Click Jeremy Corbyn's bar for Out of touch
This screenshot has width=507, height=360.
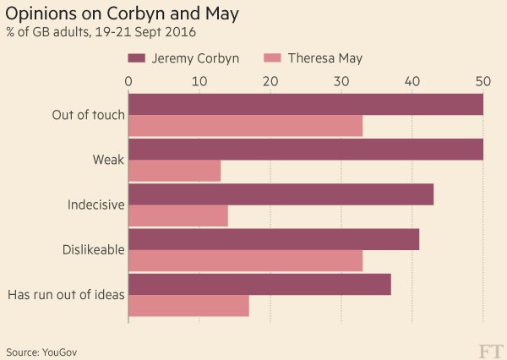tap(305, 104)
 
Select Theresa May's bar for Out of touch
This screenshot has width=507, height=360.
tap(245, 126)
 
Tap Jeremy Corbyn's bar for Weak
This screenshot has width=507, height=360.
tap(305, 150)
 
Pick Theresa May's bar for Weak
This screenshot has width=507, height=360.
tap(174, 172)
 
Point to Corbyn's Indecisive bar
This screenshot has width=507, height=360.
tap(281, 194)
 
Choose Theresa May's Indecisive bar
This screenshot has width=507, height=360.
tap(177, 217)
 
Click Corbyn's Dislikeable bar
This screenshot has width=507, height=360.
tap(273, 240)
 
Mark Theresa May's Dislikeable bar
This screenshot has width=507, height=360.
tap(245, 262)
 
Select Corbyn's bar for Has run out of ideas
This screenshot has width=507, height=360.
tap(259, 285)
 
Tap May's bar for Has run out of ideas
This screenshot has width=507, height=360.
tap(188, 305)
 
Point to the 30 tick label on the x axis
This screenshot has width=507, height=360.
tap(341, 81)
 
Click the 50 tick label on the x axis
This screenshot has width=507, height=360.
tap(482, 81)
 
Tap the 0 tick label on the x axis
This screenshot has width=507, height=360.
tap(128, 81)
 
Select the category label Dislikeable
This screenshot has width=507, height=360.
tap(94, 250)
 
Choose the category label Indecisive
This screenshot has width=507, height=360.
tap(95, 205)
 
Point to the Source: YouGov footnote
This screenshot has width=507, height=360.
tap(46, 351)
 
